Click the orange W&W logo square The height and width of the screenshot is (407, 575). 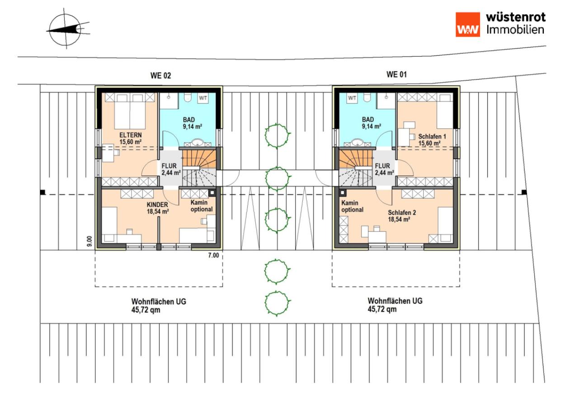coord(468,25)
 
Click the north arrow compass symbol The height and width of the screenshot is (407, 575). coord(68,29)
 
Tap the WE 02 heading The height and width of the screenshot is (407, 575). coord(160,76)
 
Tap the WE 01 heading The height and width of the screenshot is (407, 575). coord(396,75)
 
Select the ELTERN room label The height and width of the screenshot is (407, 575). coord(130,135)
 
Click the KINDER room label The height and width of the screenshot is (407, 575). coord(157,205)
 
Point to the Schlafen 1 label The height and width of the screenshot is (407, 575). coord(432,137)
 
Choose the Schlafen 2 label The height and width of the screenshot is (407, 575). coord(402,213)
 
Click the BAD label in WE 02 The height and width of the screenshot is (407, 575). coord(189,120)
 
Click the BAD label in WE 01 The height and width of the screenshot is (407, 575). coord(368,119)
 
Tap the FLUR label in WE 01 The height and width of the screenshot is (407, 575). coord(382,166)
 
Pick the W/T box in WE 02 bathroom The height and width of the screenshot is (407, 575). coord(203,98)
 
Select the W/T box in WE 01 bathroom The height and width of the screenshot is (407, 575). coord(352,98)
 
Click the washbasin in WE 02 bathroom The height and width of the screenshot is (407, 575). coord(198,142)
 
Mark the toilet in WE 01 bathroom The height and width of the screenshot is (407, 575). coord(368,97)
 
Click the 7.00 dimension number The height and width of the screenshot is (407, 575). coord(213,255)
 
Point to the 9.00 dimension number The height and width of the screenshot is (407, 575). coord(90,241)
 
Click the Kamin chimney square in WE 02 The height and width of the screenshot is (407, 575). coord(212,193)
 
